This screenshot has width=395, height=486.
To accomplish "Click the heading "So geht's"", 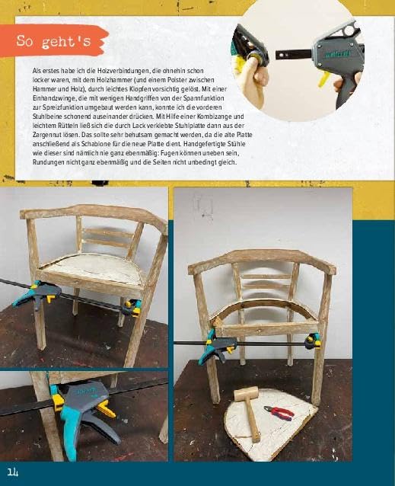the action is (53, 41).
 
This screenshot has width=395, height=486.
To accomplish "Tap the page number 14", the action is (13, 472).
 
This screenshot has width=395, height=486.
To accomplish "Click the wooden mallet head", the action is (245, 393).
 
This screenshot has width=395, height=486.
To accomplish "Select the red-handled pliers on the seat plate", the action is (279, 413).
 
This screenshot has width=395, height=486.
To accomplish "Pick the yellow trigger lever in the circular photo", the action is (323, 79).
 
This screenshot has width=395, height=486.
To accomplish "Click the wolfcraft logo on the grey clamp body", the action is (337, 55).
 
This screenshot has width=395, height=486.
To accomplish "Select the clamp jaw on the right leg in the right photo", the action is (313, 341).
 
